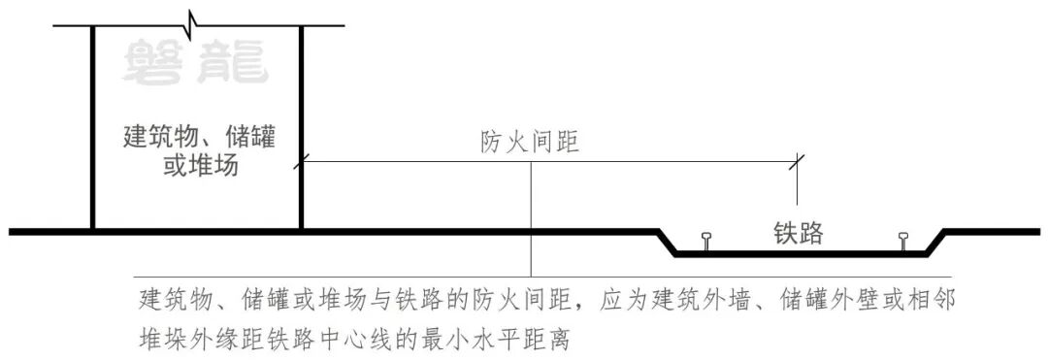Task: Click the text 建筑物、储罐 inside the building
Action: tap(199, 137)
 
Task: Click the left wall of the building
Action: tap(92, 126)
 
